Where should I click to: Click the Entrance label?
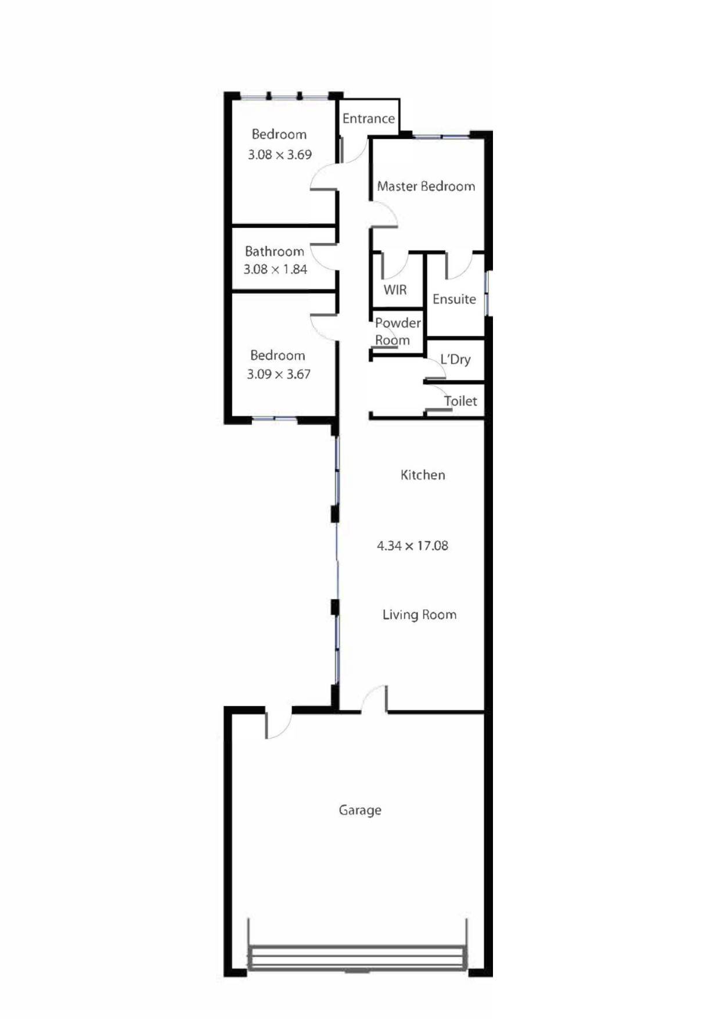click(x=368, y=119)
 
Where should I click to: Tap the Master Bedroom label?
click(x=426, y=186)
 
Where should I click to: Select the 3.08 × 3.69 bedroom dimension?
click(x=280, y=155)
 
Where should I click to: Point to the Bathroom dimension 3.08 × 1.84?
click(x=275, y=269)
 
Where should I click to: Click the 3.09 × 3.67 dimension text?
click(x=279, y=374)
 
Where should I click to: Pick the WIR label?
click(x=395, y=289)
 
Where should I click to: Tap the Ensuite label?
click(x=454, y=299)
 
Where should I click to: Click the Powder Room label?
click(x=397, y=331)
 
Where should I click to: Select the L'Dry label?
click(x=455, y=360)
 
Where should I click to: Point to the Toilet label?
click(x=460, y=401)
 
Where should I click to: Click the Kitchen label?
click(x=423, y=475)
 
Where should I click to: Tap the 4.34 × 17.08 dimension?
click(x=412, y=546)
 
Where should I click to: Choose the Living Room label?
click(x=419, y=615)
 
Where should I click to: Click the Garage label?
click(x=360, y=810)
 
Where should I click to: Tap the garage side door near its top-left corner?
click(x=278, y=724)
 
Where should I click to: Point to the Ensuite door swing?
click(x=459, y=265)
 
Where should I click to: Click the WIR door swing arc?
click(x=395, y=266)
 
